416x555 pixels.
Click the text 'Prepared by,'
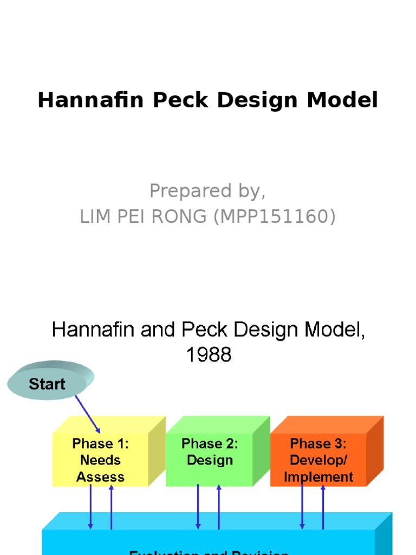(x=207, y=191)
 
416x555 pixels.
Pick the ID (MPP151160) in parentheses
(x=274, y=216)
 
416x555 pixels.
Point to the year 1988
(x=209, y=355)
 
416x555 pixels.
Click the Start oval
(x=48, y=384)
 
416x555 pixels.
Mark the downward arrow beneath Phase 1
(x=90, y=507)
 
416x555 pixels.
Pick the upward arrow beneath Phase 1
(x=111, y=507)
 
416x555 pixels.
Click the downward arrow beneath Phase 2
(x=198, y=507)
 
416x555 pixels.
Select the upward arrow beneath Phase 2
(x=219, y=507)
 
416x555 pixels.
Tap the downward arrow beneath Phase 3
(x=302, y=507)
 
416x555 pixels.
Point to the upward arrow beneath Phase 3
(x=323, y=507)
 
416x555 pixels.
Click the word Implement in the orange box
(x=318, y=477)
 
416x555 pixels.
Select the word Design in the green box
(x=210, y=460)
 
